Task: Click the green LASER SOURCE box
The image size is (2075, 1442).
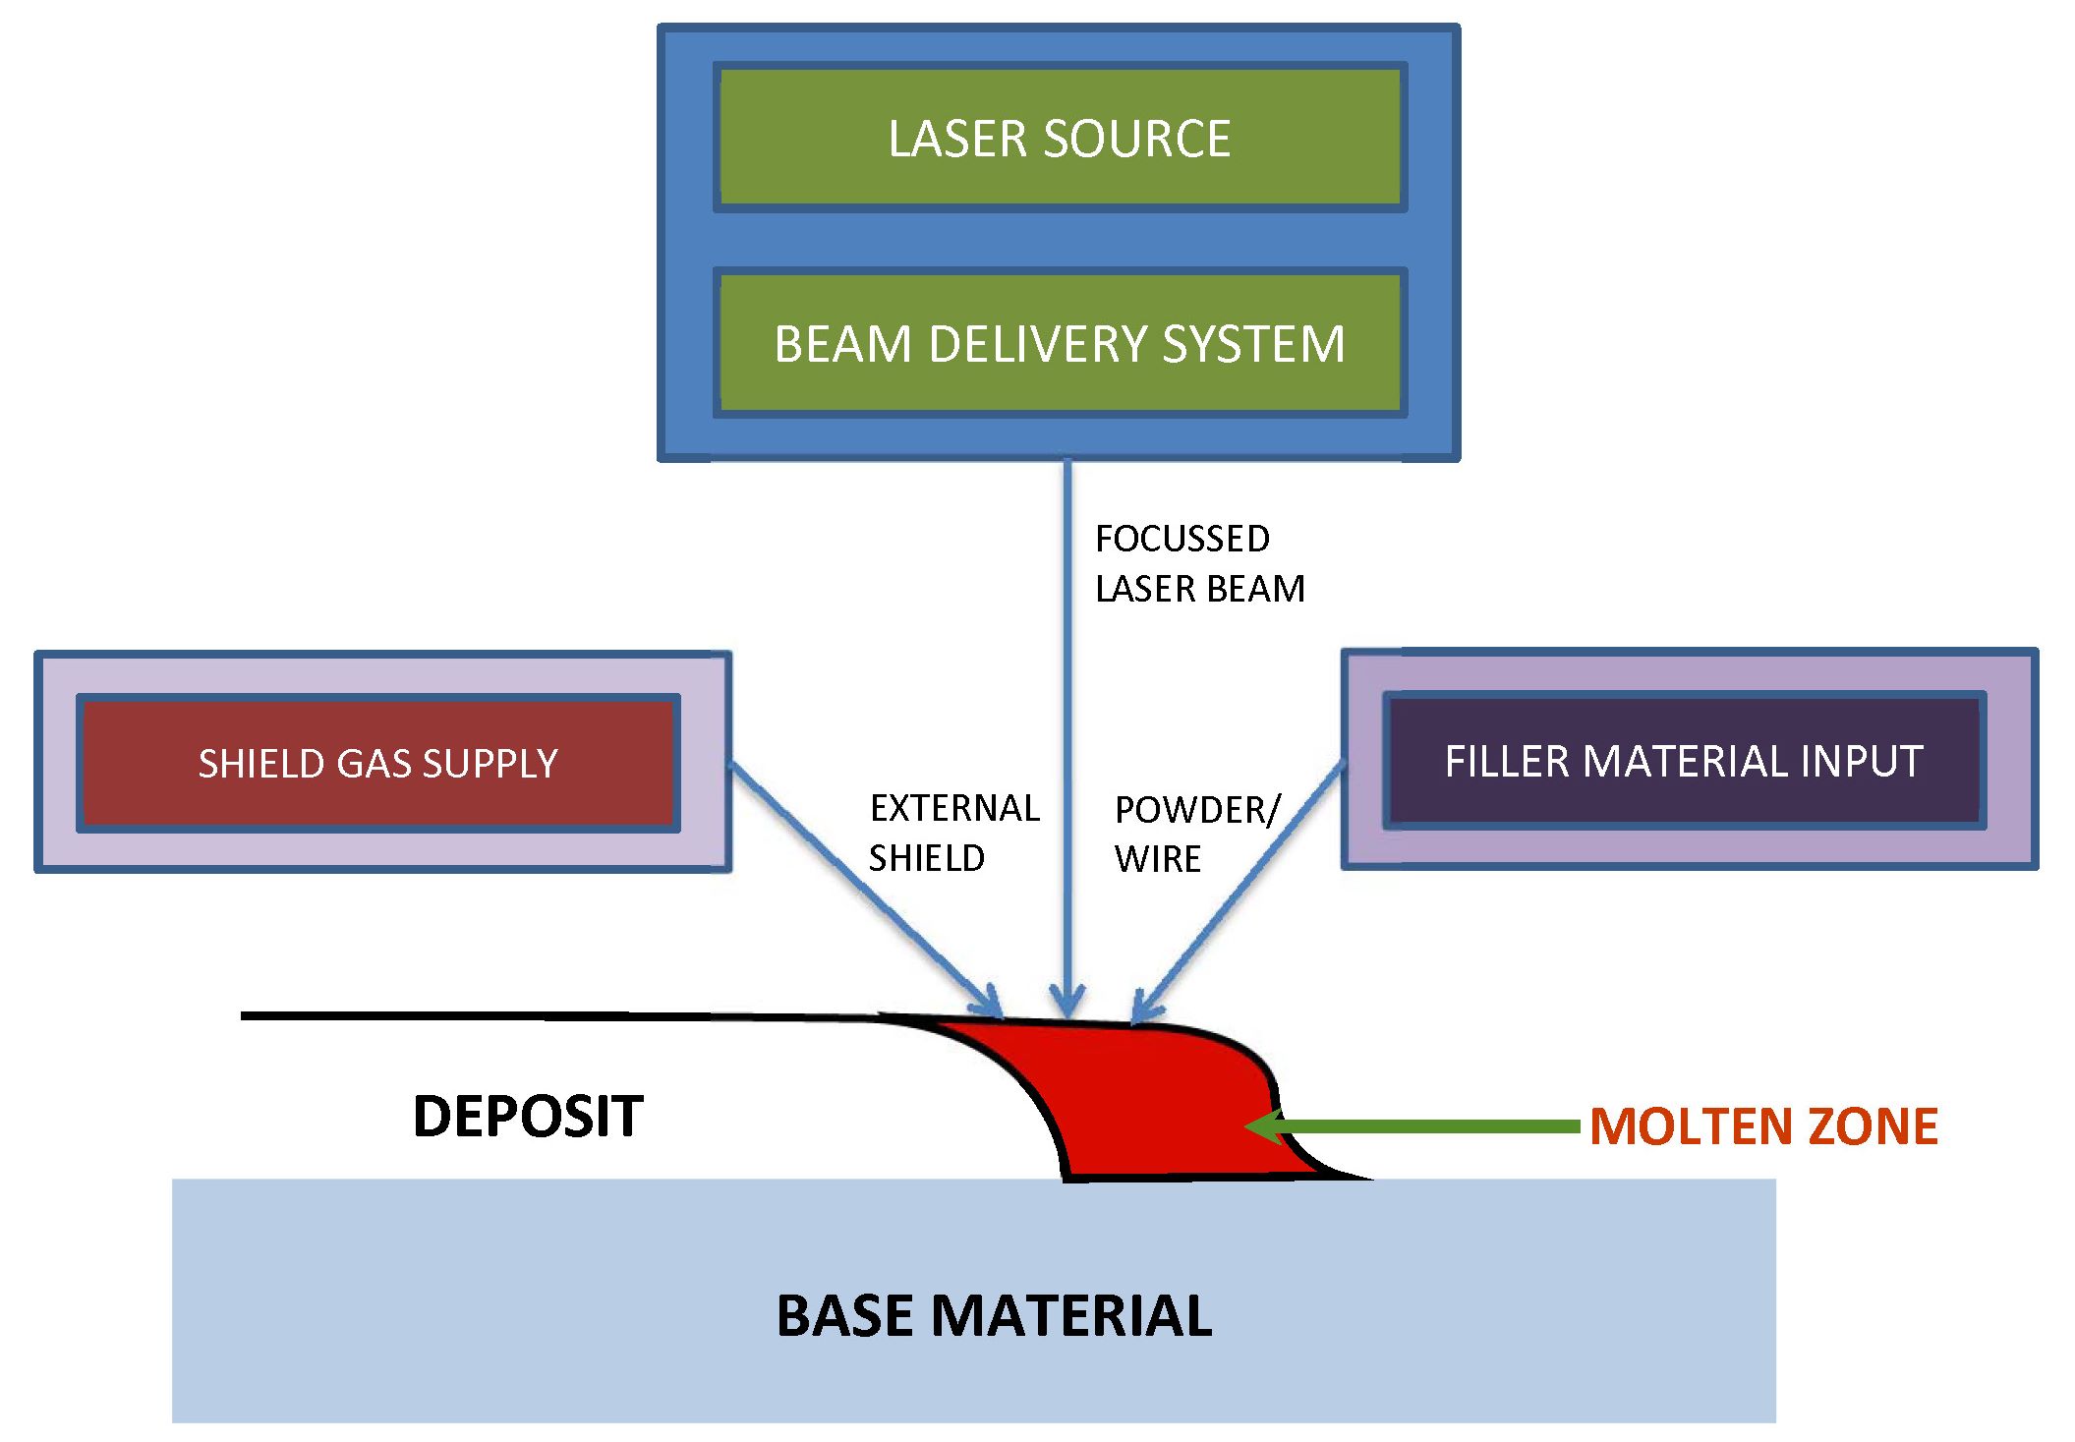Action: click(x=1060, y=138)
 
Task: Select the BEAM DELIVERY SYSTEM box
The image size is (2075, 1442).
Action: click(x=1060, y=343)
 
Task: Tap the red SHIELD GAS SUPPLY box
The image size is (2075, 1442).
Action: click(x=378, y=764)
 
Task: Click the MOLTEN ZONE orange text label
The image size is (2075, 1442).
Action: click(x=1763, y=1126)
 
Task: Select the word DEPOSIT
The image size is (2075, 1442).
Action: click(x=528, y=1117)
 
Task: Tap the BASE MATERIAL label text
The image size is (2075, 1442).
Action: click(x=994, y=1316)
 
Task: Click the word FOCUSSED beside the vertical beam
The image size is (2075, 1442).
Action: click(x=1182, y=539)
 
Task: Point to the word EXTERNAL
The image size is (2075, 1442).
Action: click(x=954, y=809)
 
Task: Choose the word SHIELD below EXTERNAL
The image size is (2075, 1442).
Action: click(x=927, y=859)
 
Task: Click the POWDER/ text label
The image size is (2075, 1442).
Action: click(x=1197, y=810)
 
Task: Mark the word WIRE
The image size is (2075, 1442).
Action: click(x=1158, y=859)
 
